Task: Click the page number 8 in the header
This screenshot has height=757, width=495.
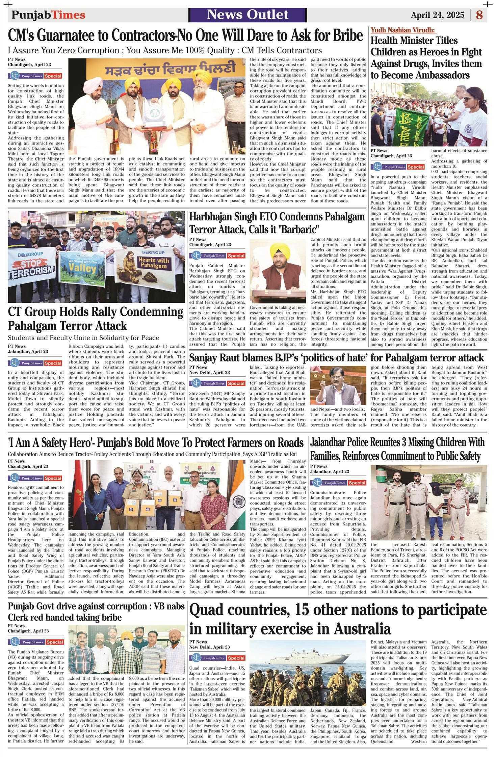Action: pyautogui.click(x=479, y=15)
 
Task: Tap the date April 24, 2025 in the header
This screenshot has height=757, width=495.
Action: pyautogui.click(x=438, y=15)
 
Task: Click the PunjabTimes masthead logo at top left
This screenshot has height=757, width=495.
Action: pyautogui.click(x=48, y=15)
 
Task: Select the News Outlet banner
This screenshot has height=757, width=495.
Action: pyautogui.click(x=248, y=15)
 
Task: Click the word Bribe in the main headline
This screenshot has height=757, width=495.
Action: pyautogui.click(x=347, y=35)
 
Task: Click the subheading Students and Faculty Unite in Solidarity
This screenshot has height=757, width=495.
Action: pyautogui.click(x=83, y=337)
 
